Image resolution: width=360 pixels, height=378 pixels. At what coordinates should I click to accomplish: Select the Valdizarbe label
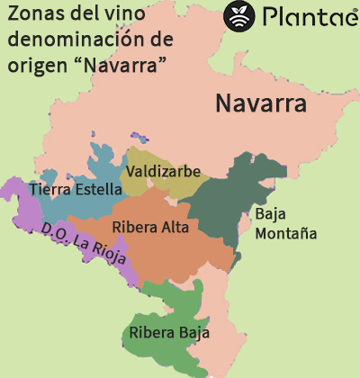164,171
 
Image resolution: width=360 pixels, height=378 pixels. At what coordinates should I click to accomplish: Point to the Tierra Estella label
75,190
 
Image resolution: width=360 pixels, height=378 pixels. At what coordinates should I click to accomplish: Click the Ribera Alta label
151,228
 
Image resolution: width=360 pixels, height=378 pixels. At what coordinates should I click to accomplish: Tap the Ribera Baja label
169,333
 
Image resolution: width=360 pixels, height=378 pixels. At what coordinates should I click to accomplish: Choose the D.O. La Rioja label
89,247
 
